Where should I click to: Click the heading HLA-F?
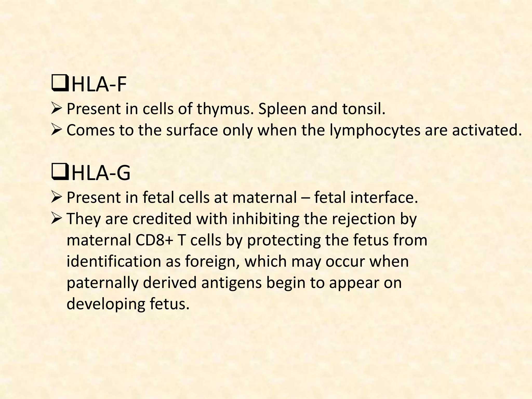[99, 84]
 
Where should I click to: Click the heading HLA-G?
[101, 173]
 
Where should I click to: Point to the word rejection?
[362, 219]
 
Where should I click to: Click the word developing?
[105, 304]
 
